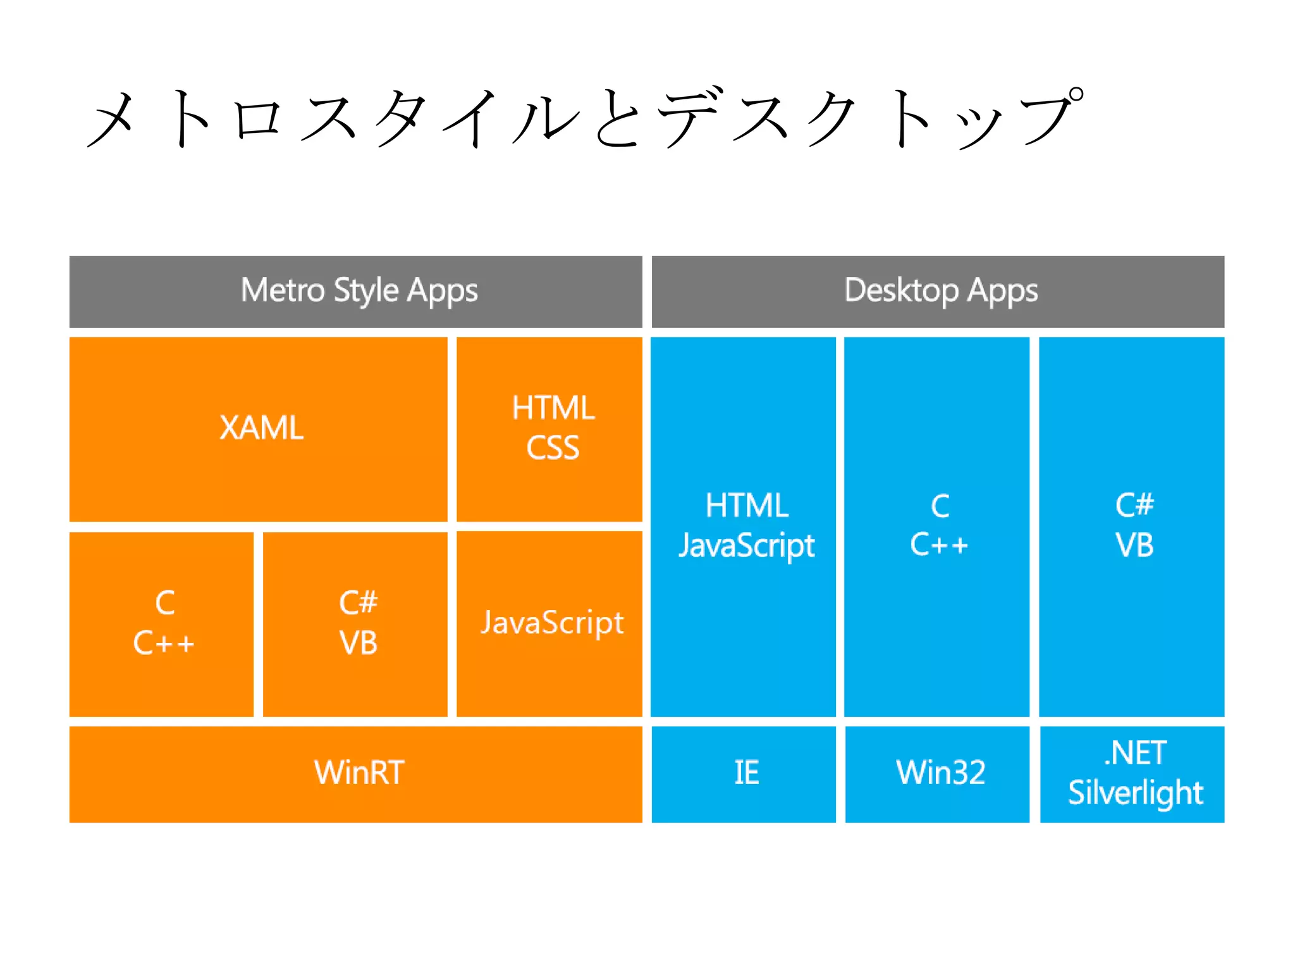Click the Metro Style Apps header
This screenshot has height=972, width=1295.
click(x=359, y=291)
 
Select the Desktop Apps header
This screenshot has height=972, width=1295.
click(x=940, y=291)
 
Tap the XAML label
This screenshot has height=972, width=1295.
click(x=261, y=428)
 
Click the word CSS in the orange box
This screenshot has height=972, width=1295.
click(x=553, y=448)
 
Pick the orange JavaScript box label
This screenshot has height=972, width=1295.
click(x=551, y=623)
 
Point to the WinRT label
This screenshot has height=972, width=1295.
click(x=359, y=773)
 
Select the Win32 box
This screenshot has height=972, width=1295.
click(x=940, y=773)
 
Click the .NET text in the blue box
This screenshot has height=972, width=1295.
click(x=1135, y=753)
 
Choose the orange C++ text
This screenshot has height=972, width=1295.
click(x=164, y=644)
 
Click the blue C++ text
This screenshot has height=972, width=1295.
click(x=939, y=545)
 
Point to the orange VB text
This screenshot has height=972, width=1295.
click(x=359, y=644)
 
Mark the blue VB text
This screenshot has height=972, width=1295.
click(x=1134, y=545)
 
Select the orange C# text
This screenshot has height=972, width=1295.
click(x=359, y=602)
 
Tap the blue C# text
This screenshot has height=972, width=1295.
click(x=1134, y=505)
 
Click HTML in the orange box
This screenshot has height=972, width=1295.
click(x=553, y=408)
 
